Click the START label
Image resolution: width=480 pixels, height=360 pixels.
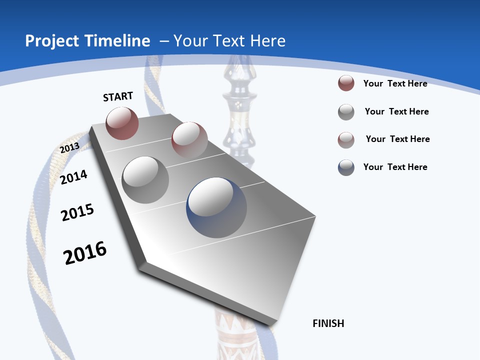coord(118,96)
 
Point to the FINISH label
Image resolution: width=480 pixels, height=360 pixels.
coord(328,323)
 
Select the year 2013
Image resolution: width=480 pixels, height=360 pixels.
coord(69,148)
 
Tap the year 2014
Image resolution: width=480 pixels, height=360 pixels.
coord(73,177)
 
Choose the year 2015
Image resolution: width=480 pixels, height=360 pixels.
coord(77,212)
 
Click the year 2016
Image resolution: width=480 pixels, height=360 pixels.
coord(85,253)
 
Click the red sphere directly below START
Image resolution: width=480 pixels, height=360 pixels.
coord(122,123)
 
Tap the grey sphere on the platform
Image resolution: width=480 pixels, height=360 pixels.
coord(145,179)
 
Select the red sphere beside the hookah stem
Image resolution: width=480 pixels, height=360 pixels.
coord(189,139)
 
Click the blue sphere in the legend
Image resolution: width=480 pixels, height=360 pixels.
coord(346,167)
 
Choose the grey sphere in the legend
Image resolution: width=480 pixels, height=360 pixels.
coord(346,112)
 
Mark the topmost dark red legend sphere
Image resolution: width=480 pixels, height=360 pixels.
coord(346,83)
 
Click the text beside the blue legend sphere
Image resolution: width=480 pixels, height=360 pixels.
coord(395,167)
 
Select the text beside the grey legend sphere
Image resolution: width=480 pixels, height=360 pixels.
coord(396,111)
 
